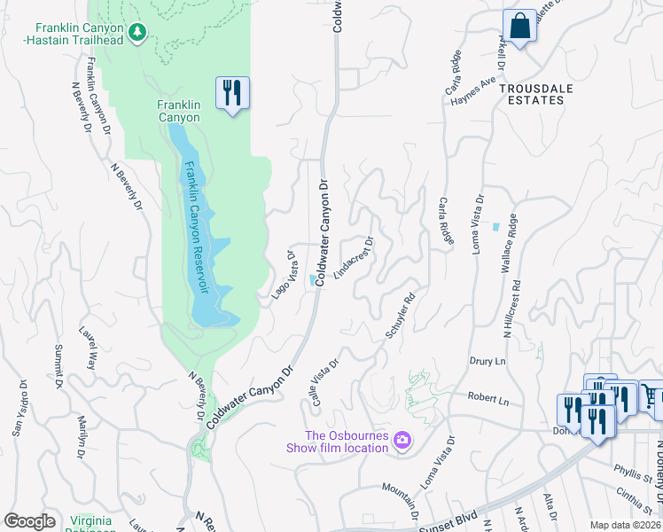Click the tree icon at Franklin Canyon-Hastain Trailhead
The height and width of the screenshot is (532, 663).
136,33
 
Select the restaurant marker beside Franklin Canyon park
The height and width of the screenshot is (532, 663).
232,92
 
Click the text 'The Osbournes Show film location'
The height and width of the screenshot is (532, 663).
337,441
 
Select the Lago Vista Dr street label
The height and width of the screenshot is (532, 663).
283,274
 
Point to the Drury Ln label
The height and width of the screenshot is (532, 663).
487,362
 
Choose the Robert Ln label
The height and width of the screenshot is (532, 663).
489,401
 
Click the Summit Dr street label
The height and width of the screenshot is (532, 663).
58,365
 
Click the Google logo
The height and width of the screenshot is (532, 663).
29,520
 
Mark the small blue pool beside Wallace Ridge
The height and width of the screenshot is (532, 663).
495,226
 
